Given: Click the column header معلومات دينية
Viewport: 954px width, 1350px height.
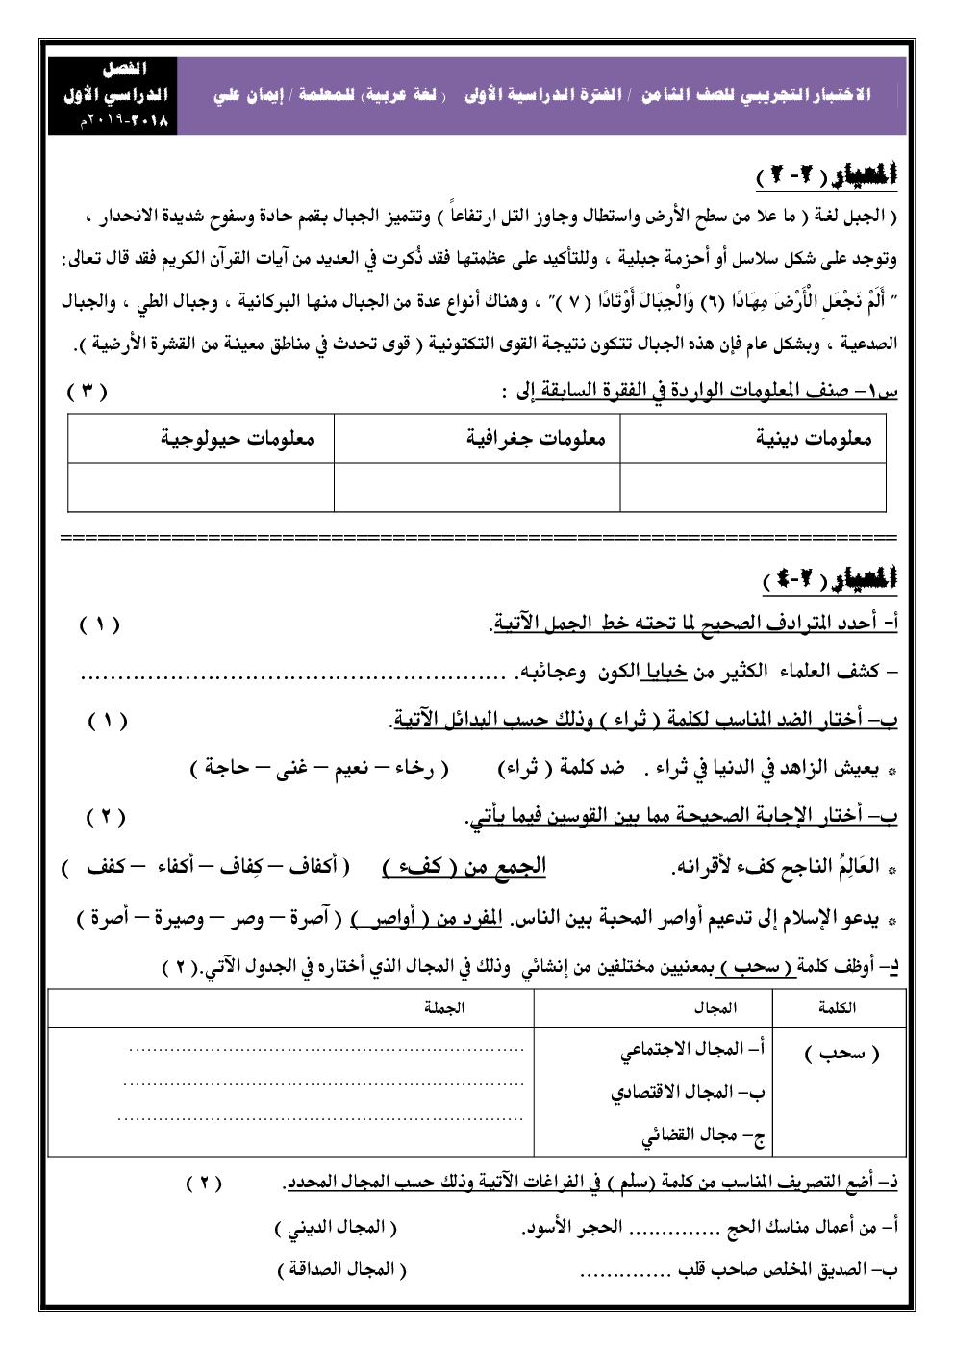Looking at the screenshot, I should click(813, 439).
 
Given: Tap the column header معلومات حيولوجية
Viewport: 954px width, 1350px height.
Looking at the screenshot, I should click(237, 439).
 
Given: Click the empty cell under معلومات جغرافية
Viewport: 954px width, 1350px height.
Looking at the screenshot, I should click(477, 487).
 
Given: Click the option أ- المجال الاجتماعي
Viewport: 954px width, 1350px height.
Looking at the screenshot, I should click(692, 1050).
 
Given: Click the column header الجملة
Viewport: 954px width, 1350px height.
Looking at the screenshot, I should click(444, 1007).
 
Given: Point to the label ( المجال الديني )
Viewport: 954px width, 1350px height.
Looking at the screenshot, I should click(335, 1227).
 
